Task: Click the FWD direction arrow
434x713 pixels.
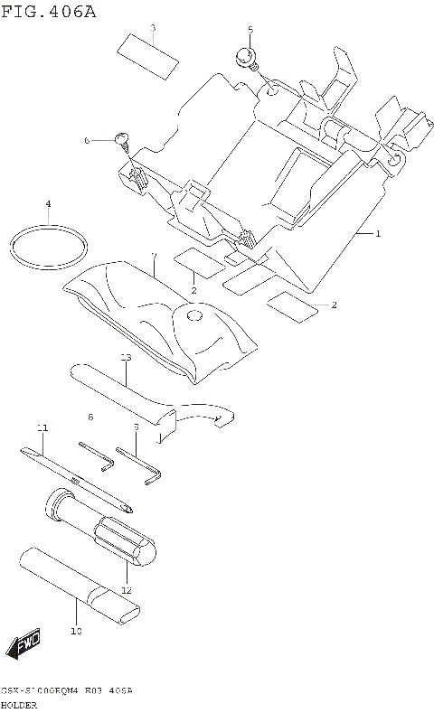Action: click(x=24, y=643)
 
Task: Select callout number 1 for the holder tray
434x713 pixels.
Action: click(x=377, y=234)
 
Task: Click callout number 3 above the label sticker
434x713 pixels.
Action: click(x=153, y=28)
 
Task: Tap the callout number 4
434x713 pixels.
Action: click(x=48, y=203)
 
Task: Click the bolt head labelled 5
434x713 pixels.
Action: click(x=244, y=57)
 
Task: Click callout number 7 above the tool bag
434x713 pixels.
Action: click(x=154, y=257)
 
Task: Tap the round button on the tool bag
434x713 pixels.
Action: click(x=192, y=317)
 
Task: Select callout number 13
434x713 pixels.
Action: click(x=126, y=358)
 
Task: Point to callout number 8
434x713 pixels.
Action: click(x=90, y=417)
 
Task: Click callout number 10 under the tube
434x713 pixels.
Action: click(x=76, y=630)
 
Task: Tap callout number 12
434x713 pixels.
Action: click(x=127, y=589)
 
